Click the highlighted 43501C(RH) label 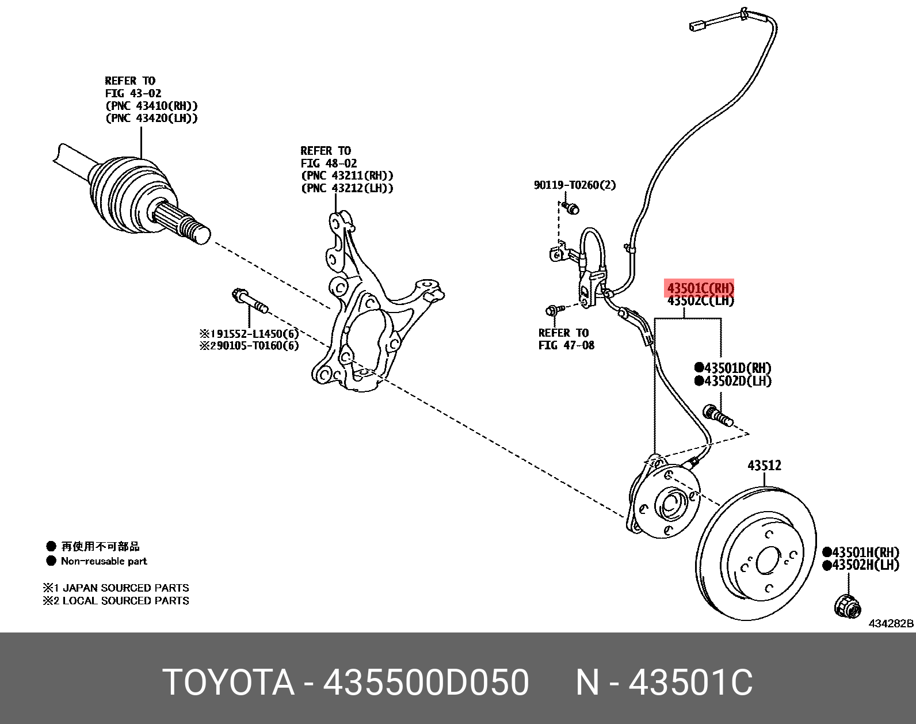pos(700,288)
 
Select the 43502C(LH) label pos(700,300)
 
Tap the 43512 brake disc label pos(764,465)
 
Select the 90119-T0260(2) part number pos(574,185)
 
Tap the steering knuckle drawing pos(368,311)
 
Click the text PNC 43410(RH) pos(151,105)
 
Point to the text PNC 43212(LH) pos(347,188)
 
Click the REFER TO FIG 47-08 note pos(566,339)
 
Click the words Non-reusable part pos(104,561)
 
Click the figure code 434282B pos(891,623)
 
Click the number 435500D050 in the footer pos(426,683)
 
